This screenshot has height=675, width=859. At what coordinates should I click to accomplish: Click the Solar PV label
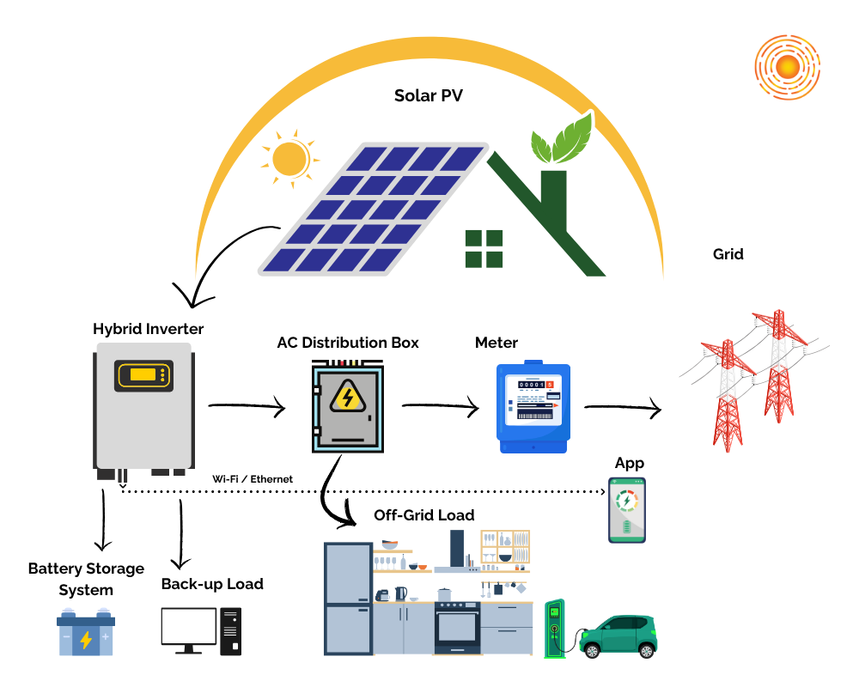(428, 95)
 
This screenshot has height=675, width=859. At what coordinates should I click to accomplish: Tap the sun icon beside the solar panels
(289, 159)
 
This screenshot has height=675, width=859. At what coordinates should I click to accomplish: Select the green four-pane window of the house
(484, 249)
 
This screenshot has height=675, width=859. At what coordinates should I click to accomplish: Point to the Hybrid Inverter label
(148, 329)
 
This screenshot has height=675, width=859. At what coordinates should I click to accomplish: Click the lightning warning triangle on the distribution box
(347, 397)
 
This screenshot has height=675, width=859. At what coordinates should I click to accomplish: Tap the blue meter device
(533, 407)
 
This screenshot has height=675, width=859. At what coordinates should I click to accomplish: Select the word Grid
(728, 254)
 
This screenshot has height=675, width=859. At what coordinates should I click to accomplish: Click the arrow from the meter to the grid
(623, 409)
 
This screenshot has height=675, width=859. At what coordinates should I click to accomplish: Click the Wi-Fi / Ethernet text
(253, 478)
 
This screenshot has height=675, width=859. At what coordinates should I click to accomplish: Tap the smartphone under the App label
(627, 510)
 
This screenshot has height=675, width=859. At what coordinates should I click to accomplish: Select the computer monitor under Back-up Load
(189, 628)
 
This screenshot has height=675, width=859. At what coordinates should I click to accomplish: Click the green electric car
(618, 636)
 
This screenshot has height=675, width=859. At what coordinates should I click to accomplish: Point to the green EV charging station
(555, 627)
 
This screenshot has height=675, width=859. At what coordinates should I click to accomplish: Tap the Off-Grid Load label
(423, 515)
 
